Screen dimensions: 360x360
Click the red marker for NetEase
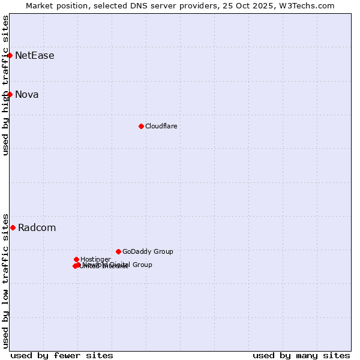point(10,55)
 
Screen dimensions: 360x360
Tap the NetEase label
point(34,56)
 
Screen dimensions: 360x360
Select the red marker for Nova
point(10,94)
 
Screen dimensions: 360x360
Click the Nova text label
point(26,95)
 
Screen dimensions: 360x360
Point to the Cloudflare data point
point(141,126)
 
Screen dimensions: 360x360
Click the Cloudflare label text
point(161,127)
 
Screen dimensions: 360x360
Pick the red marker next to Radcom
point(13,227)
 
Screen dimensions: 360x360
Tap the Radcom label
point(37,228)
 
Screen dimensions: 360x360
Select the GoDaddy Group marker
point(118,251)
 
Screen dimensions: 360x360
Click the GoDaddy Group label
point(148,252)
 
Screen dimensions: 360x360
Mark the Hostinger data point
point(76,259)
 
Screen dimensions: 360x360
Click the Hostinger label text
point(95,259)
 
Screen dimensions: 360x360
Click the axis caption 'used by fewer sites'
point(62,356)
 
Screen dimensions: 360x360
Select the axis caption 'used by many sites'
point(301,356)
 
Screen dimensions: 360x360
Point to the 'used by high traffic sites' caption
point(5,85)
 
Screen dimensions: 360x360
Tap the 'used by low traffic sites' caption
point(5,281)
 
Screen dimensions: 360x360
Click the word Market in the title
point(40,5)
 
